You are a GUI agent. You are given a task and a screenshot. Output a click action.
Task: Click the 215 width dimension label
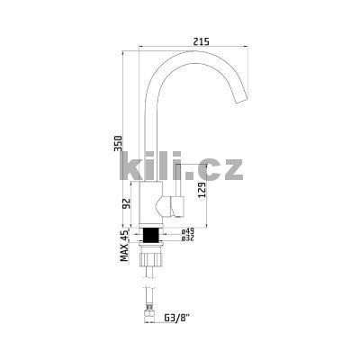tap(201, 41)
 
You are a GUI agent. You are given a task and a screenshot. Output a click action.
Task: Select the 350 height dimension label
tap(118, 143)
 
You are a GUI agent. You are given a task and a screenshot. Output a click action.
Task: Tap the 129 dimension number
tap(202, 190)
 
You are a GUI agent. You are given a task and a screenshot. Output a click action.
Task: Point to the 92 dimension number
tap(127, 203)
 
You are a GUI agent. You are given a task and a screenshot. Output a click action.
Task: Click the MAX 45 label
tap(124, 245)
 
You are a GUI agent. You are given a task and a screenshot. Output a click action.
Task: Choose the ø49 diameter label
tap(188, 231)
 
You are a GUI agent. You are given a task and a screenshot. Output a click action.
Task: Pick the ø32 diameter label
tap(188, 238)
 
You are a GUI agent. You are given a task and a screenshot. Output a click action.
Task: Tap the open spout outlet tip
tap(241, 101)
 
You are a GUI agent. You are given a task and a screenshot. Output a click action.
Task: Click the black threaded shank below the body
tap(151, 235)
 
